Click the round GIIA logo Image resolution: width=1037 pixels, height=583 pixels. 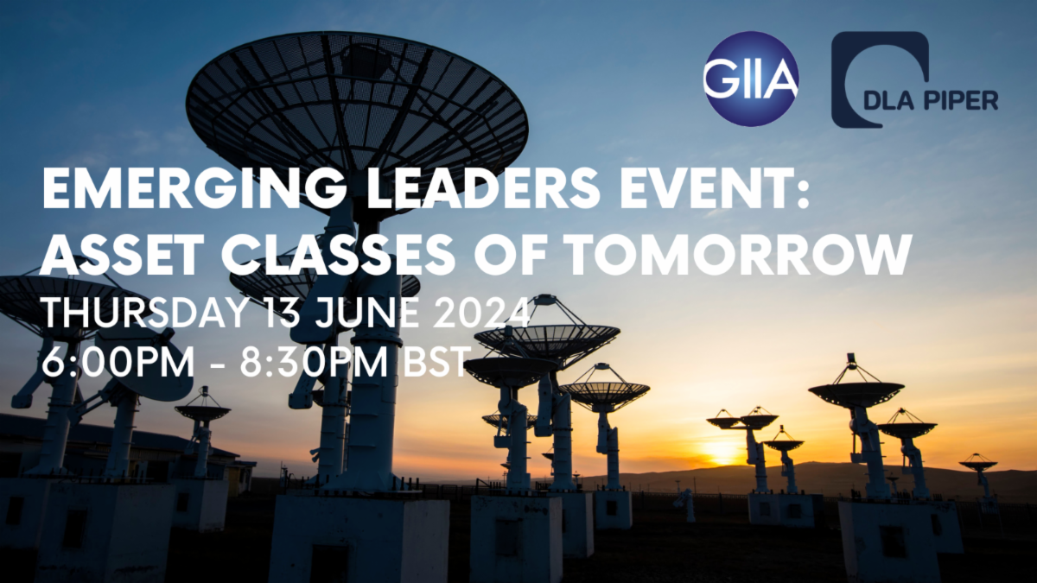coord(751,79)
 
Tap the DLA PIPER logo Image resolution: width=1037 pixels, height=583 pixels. coord(914,79)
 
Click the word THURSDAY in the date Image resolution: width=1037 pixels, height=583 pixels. coord(144,312)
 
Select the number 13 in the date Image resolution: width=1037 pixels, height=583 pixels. coord(278,312)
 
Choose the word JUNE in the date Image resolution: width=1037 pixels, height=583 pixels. coord(365,312)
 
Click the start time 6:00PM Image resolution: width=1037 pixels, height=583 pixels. coord(118,362)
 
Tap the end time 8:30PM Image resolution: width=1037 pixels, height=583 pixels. coord(314,362)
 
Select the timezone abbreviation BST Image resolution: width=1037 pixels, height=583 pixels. coord(434,362)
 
